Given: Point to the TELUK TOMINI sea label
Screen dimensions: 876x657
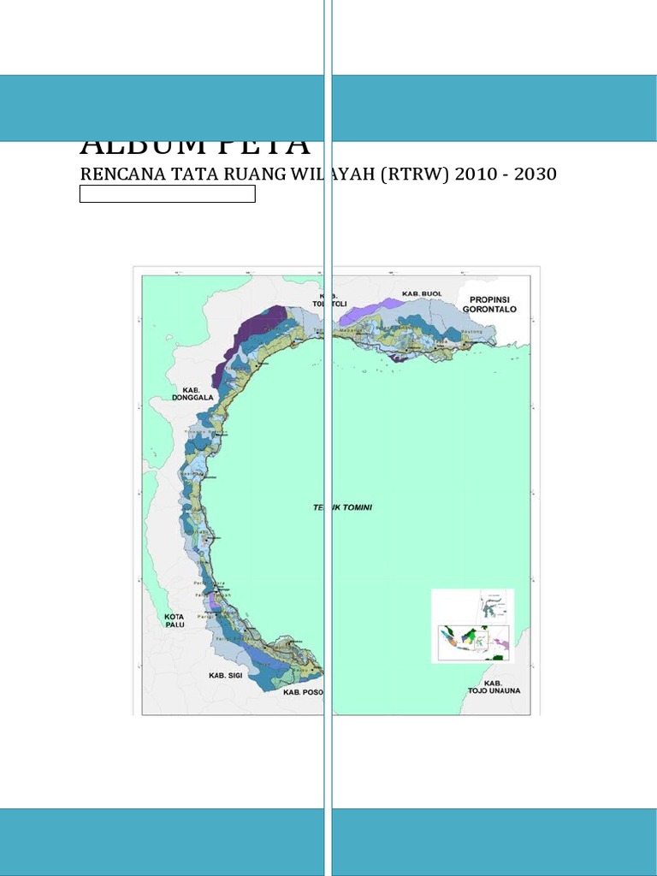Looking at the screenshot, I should [342, 507].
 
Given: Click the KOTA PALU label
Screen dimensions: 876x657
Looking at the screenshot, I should [174, 620].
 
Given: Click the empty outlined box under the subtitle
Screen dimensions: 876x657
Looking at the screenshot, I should [168, 194].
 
